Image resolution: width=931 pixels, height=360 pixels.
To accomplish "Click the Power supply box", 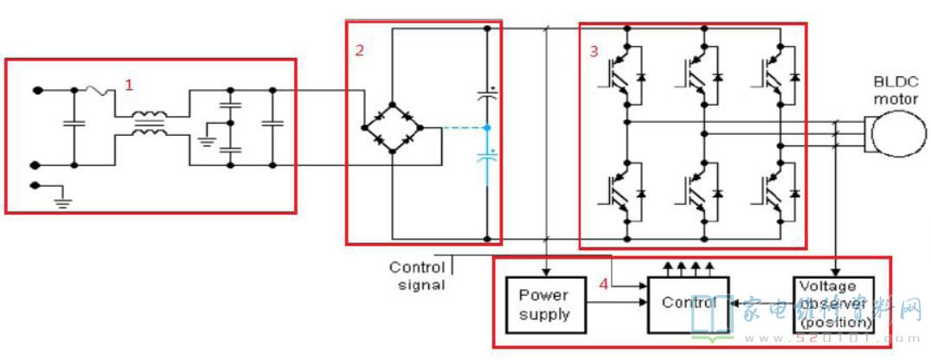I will [x=544, y=304].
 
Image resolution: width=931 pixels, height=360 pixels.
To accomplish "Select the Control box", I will [x=688, y=304].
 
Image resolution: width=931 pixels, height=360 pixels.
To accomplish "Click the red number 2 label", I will [x=359, y=50].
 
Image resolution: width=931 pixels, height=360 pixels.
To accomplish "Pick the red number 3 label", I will [x=594, y=51].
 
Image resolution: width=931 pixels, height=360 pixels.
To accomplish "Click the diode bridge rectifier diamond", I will [x=392, y=128].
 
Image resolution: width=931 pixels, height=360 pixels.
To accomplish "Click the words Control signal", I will [x=417, y=275].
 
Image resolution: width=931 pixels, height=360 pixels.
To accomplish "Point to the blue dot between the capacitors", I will [x=487, y=128].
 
